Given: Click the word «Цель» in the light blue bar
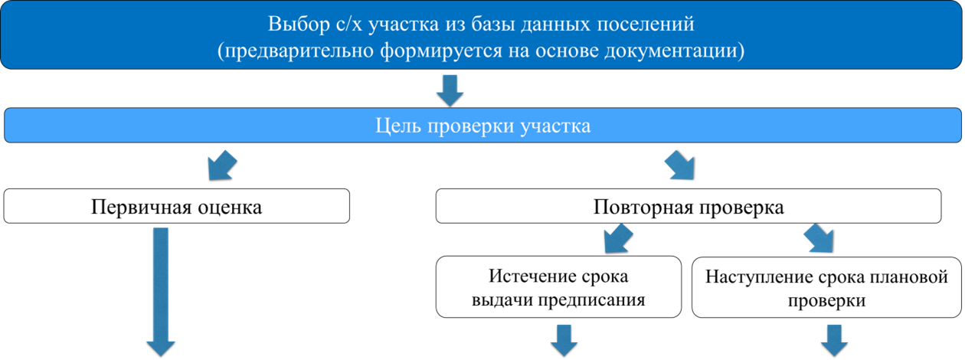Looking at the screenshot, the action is (398, 126).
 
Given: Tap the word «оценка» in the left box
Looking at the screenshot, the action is (230, 208).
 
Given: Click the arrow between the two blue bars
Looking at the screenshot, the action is (450, 90).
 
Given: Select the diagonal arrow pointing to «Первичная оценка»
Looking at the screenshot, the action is (222, 165).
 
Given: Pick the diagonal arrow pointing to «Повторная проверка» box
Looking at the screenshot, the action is (680, 165).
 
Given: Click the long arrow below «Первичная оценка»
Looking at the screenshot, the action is (161, 292).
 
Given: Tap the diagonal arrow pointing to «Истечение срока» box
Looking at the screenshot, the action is (618, 238).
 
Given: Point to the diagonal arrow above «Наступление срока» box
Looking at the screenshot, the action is (819, 238).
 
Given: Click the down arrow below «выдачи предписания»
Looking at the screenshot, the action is (564, 341).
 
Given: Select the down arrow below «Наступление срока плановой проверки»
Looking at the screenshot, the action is (834, 341).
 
